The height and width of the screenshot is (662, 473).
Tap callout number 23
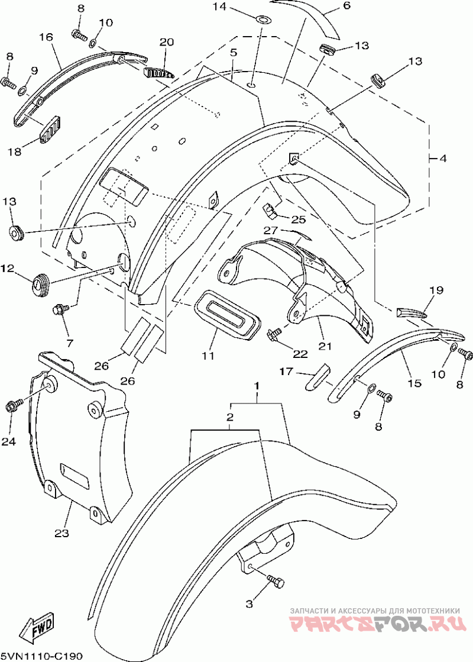pyautogui.click(x=61, y=533)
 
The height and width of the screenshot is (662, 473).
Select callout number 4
pyautogui.click(x=443, y=159)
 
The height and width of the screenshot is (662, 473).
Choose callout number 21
pyautogui.click(x=325, y=347)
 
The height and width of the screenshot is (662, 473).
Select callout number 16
pyautogui.click(x=46, y=37)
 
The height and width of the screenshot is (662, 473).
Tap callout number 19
pyautogui.click(x=436, y=290)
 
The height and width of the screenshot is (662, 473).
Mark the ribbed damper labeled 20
pyautogui.click(x=158, y=73)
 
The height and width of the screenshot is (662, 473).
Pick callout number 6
pyautogui.click(x=346, y=6)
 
